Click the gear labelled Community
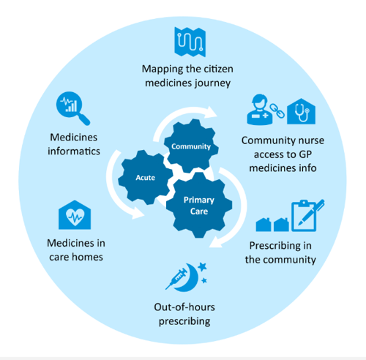pyautogui.click(x=190, y=146)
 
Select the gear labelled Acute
pyautogui.click(x=145, y=178)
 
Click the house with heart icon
pyautogui.click(x=75, y=217)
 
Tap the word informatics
pyautogui.click(x=74, y=151)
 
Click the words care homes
pyautogui.click(x=74, y=258)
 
